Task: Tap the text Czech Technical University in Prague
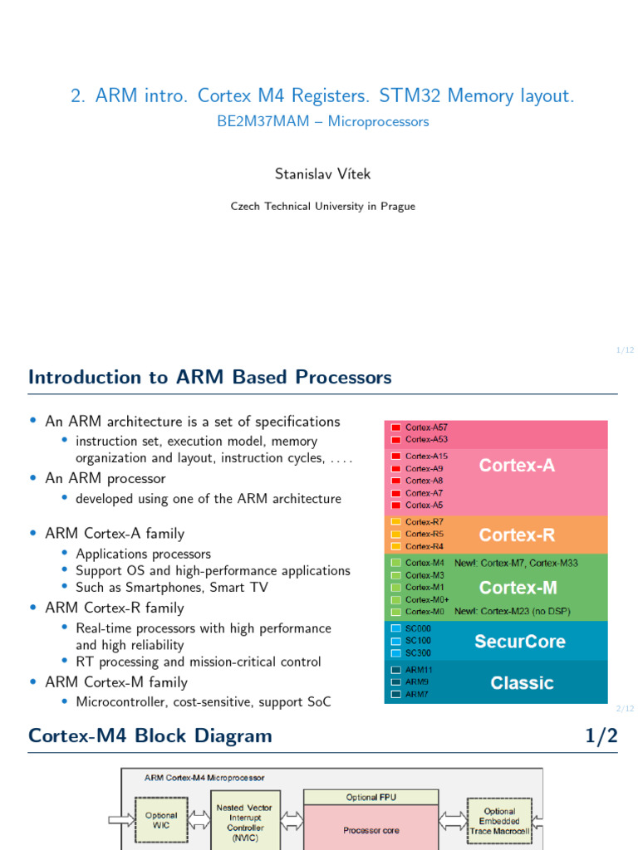[x=322, y=206]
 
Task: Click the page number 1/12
[x=625, y=350]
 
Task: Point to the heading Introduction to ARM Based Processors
[x=210, y=377]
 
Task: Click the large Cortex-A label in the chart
[x=517, y=466]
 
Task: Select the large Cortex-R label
[x=517, y=534]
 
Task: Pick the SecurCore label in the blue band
[x=519, y=642]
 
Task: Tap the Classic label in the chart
[x=522, y=683]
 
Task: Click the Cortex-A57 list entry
[x=426, y=427]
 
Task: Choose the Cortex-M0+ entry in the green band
[x=427, y=599]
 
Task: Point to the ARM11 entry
[x=419, y=669]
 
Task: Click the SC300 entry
[x=418, y=653]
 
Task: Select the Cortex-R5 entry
[x=424, y=534]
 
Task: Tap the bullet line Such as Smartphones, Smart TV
[x=172, y=588]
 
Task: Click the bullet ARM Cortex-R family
[x=115, y=608]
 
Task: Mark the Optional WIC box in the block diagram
[x=161, y=820]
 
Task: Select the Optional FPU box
[x=371, y=797]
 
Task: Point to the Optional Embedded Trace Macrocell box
[x=499, y=821]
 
